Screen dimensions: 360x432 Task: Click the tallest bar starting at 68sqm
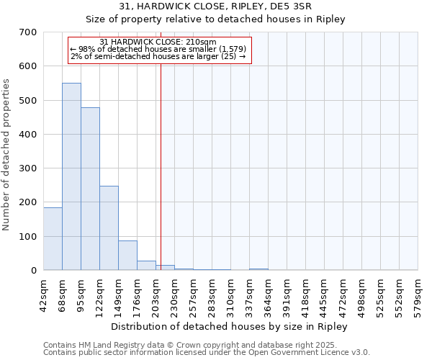click(71, 176)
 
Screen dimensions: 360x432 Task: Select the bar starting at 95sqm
click(90, 189)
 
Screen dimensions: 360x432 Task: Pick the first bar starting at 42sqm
click(53, 238)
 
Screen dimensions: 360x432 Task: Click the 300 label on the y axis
click(30, 168)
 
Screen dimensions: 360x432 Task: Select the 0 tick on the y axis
click(34, 271)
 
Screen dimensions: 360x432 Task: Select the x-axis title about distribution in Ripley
click(230, 326)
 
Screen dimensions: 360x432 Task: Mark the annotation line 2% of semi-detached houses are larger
click(158, 56)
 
